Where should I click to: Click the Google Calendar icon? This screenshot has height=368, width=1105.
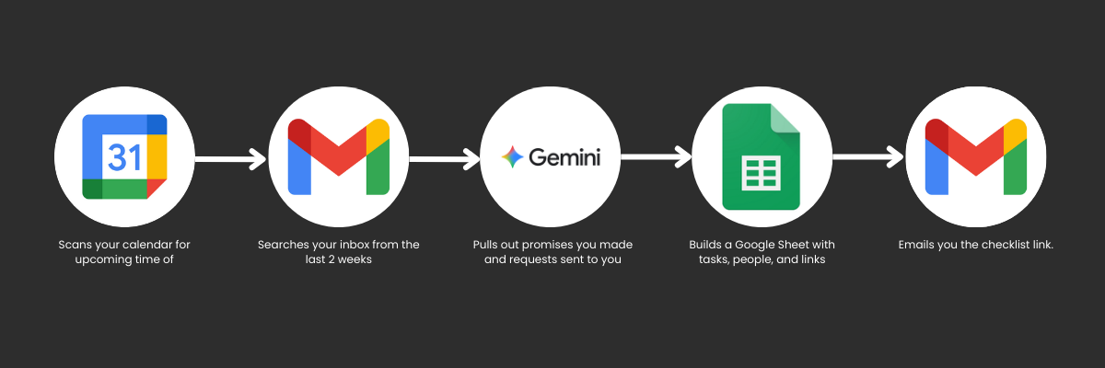125,156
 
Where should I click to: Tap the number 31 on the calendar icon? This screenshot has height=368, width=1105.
125,157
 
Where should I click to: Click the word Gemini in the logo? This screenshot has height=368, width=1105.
564,157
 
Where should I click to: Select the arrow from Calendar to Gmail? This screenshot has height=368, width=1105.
231,160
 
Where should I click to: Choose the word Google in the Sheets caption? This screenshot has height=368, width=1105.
763,245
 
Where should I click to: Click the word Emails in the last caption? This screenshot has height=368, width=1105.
917,245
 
